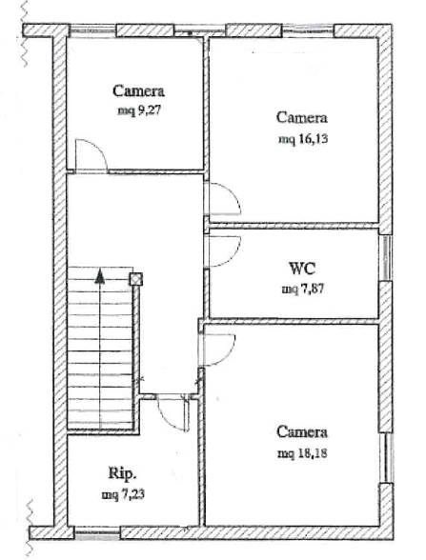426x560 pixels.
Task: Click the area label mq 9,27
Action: pos(140,110)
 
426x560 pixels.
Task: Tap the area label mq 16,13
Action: pos(303,139)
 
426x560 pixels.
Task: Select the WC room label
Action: pos(302,269)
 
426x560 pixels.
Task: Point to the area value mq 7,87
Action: pos(303,289)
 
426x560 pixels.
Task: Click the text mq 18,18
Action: pos(303,453)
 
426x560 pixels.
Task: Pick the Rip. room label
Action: pos(122,473)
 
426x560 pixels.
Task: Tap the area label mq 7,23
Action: pos(123,495)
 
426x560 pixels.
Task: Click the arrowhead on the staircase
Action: pos(100,276)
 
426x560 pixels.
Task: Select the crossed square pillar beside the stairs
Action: pos(136,279)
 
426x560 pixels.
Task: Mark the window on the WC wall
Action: pos(386,258)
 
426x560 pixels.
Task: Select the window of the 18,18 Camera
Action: pos(386,458)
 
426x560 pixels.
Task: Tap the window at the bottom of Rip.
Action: pos(97,533)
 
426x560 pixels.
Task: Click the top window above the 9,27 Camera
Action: pos(92,30)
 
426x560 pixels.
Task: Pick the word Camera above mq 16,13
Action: pos(302,117)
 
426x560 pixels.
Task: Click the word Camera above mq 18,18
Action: pos(302,432)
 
